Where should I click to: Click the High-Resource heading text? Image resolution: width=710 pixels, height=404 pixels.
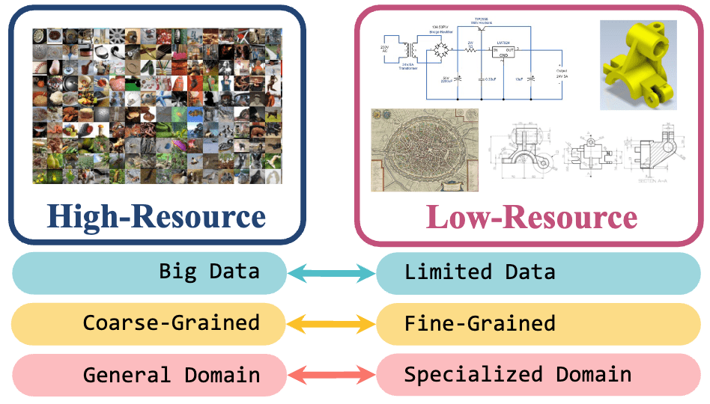coord(157,217)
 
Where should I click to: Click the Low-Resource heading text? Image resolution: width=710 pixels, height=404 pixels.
coord(531,217)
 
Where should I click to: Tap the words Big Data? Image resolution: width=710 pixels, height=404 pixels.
coord(209,271)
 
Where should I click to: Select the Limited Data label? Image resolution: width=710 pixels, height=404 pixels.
coord(479,272)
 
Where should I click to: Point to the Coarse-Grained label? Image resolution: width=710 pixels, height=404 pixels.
coord(172,323)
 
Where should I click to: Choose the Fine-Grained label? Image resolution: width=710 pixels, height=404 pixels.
coord(479,323)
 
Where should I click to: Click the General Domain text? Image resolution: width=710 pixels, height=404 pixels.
coord(172,375)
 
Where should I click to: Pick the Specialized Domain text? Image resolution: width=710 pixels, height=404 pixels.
coord(518,375)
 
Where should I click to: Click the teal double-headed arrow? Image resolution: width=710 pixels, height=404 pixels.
coord(331,273)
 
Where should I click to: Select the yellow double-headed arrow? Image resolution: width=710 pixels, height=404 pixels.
coord(331,324)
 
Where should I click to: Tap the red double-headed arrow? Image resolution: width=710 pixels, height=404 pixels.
coord(331,375)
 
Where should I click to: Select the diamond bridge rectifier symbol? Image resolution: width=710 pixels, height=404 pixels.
coord(441,52)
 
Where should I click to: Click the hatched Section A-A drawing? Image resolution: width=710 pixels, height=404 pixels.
coord(659,153)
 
